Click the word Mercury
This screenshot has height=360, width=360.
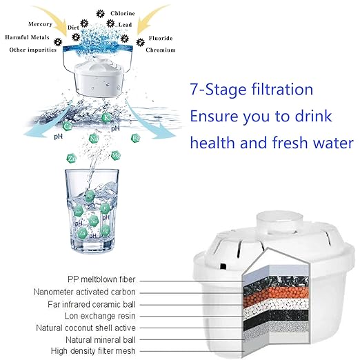[39, 23]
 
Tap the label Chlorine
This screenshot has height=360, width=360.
[123, 13]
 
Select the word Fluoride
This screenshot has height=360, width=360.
[159, 38]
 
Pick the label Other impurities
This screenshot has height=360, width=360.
[29, 50]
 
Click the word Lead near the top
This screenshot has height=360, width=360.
[126, 25]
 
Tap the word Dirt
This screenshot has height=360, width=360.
[72, 28]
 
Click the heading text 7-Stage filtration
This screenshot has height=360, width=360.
[251, 90]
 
